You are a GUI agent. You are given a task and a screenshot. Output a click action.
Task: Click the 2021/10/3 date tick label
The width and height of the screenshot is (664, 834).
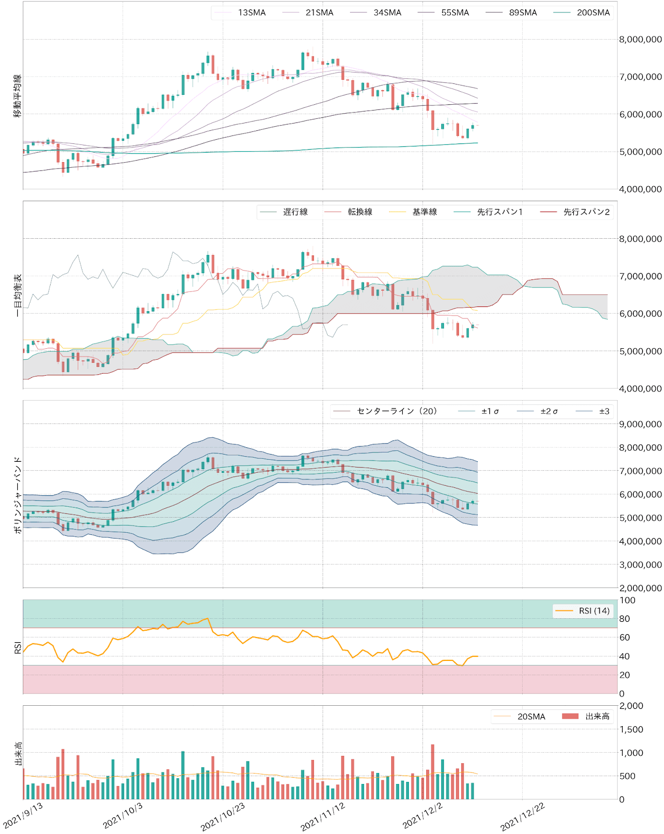click(x=123, y=815)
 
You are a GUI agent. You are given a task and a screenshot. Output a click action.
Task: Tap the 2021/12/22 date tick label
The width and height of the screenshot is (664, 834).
click(x=522, y=816)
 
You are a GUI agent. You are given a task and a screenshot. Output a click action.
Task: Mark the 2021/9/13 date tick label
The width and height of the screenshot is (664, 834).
click(x=23, y=815)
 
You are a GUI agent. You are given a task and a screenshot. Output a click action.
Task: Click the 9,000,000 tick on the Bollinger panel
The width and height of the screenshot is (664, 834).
click(x=640, y=424)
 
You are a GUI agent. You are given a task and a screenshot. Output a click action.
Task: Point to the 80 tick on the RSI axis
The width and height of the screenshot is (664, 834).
click(x=624, y=619)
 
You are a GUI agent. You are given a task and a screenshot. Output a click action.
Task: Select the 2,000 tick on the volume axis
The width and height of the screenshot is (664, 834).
click(x=631, y=706)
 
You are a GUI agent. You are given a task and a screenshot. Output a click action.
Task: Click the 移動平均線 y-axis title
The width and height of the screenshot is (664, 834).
click(x=18, y=96)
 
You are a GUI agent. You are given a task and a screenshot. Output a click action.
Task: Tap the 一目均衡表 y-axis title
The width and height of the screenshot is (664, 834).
click(x=18, y=295)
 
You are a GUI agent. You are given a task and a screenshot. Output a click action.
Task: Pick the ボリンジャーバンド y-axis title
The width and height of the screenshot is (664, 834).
click(x=18, y=494)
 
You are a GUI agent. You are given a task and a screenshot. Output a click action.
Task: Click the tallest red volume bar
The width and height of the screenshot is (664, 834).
click(x=432, y=771)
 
